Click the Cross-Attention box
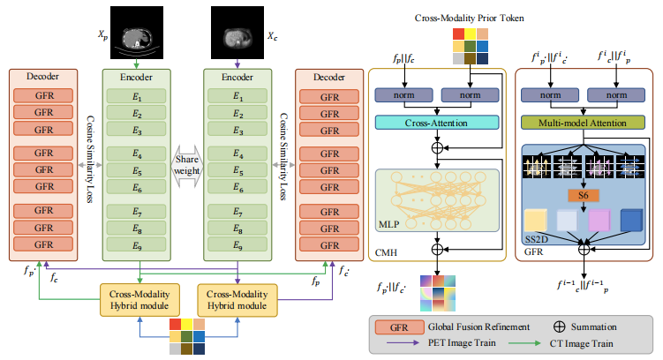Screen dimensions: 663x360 pyautogui.click(x=437, y=123)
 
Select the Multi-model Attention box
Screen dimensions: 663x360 pyautogui.click(x=583, y=123)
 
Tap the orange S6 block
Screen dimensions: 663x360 pyautogui.click(x=583, y=195)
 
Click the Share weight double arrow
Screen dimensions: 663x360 pyautogui.click(x=187, y=166)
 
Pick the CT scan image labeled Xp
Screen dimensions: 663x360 pyautogui.click(x=137, y=33)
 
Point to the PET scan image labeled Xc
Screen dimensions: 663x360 pyautogui.click(x=237, y=33)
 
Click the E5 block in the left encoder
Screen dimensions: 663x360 pyautogui.click(x=136, y=170)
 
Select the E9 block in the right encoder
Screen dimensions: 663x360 pyautogui.click(x=237, y=244)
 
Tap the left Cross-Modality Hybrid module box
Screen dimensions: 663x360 pyautogui.click(x=139, y=300)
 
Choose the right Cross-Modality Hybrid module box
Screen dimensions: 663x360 pyautogui.click(x=237, y=300)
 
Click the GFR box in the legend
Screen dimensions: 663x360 pyautogui.click(x=399, y=327)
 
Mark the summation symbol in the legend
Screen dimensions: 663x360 pyautogui.click(x=559, y=326)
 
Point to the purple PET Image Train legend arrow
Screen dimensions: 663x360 pyautogui.click(x=402, y=342)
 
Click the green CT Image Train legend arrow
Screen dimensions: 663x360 pyautogui.click(x=524, y=343)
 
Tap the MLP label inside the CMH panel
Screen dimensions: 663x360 pyautogui.click(x=388, y=224)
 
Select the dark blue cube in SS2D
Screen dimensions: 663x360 pyautogui.click(x=631, y=220)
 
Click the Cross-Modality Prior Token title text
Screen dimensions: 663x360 pyautogui.click(x=469, y=19)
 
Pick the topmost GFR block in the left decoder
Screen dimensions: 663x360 pyautogui.click(x=43, y=95)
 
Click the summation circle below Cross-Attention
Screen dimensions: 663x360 pyautogui.click(x=437, y=148)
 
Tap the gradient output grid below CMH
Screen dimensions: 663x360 pyautogui.click(x=438, y=293)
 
